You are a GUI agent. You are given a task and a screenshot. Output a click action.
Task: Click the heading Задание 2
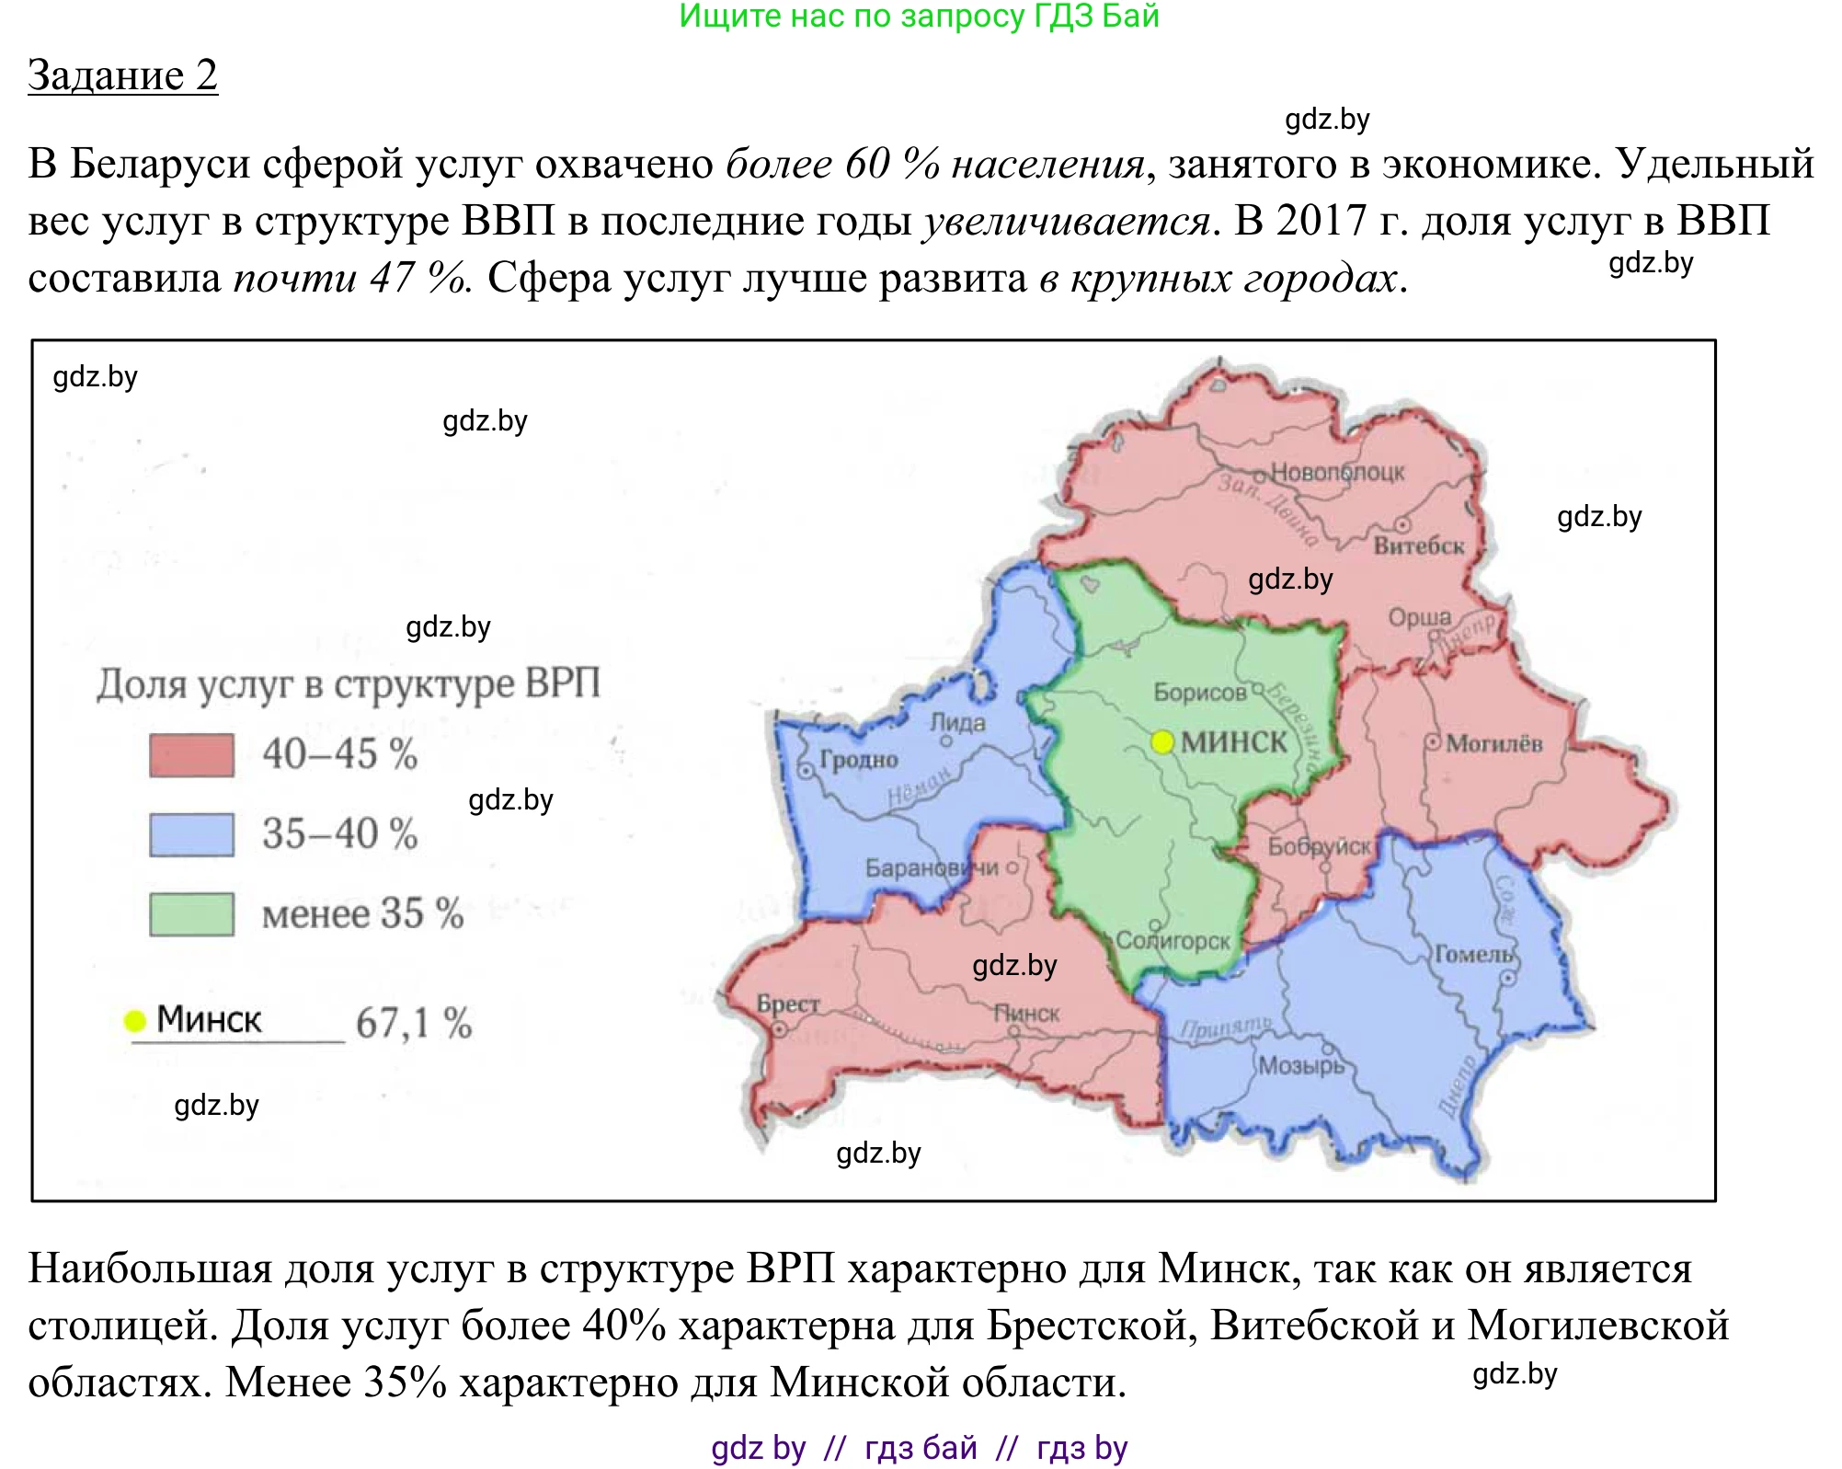tap(122, 75)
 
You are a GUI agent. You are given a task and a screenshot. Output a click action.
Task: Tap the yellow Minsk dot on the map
tap(1162, 741)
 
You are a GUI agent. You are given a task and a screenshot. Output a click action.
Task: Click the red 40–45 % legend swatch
tap(191, 755)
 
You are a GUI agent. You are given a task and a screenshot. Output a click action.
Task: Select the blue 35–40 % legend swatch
tap(191, 834)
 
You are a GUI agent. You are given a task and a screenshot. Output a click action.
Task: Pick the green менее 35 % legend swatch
tap(191, 914)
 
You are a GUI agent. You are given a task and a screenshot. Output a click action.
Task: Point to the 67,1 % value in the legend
tap(414, 1023)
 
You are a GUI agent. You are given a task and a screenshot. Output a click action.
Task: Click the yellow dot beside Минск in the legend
tap(135, 1020)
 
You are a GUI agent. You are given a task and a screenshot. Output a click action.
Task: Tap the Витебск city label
tap(1418, 546)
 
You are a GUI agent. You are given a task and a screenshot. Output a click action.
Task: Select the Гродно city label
tap(859, 760)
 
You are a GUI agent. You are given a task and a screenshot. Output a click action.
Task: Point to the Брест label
tap(787, 1003)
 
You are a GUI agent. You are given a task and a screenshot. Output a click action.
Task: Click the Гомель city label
tap(1473, 955)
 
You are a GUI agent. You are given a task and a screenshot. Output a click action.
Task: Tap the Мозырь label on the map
tap(1300, 1065)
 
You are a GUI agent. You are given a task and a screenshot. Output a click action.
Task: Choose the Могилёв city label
tap(1493, 743)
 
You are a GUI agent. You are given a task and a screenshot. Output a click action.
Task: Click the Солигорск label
tap(1173, 941)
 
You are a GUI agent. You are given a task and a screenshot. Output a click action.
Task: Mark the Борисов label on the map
tap(1199, 693)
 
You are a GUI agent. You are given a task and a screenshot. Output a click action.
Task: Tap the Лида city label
tap(957, 723)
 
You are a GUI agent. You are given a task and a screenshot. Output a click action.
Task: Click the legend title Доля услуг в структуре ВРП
tap(349, 684)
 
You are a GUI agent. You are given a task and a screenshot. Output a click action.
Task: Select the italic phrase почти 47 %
tap(352, 278)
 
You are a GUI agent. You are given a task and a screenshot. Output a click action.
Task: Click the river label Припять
tap(1226, 1027)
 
